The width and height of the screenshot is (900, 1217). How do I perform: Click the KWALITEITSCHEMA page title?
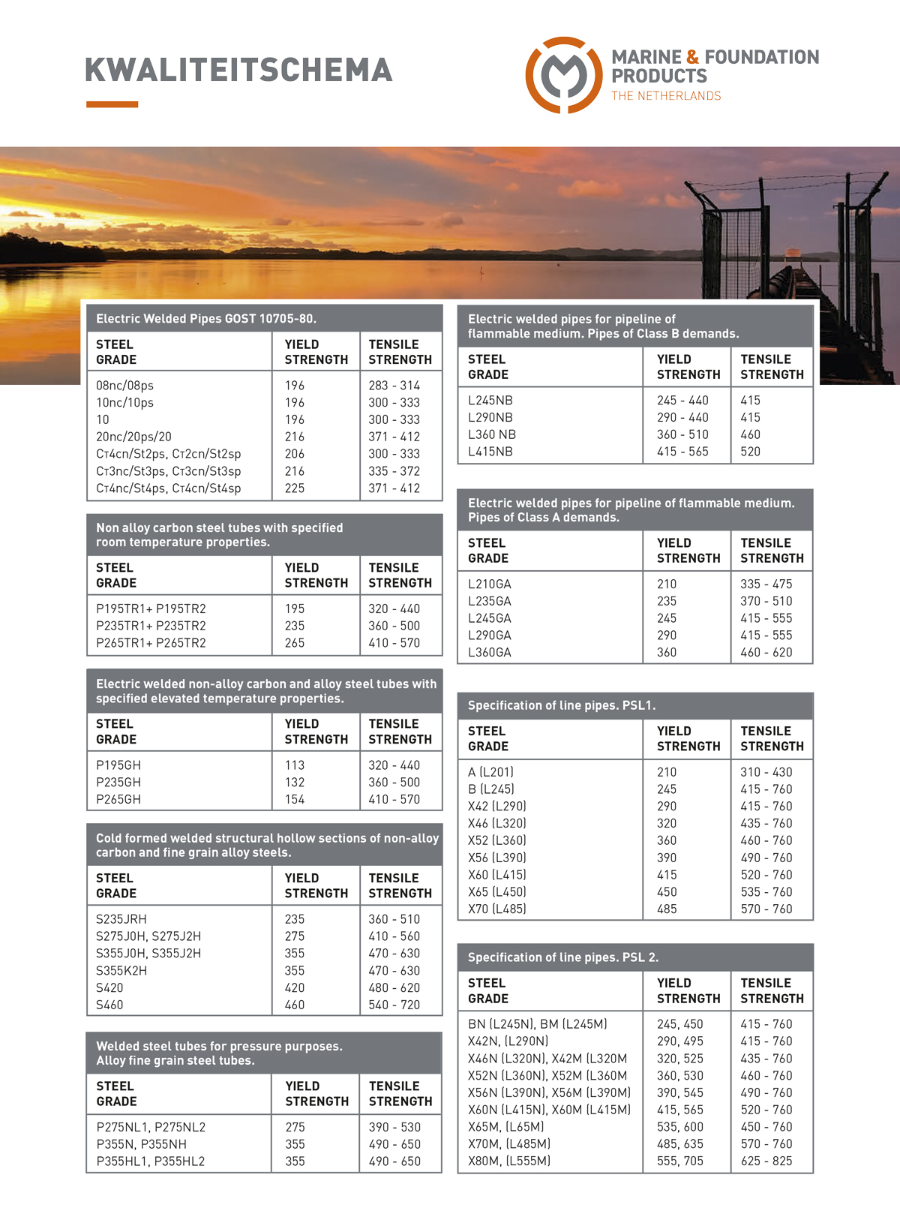pyautogui.click(x=238, y=70)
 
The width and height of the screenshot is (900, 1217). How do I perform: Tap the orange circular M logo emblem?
pyautogui.click(x=563, y=74)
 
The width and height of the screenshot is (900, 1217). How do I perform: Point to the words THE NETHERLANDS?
pyautogui.click(x=666, y=96)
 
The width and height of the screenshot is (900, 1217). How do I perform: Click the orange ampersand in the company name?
pyautogui.click(x=692, y=57)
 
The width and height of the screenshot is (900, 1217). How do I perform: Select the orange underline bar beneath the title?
pyautogui.click(x=112, y=104)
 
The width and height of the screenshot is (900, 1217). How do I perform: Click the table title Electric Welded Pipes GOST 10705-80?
pyautogui.click(x=206, y=319)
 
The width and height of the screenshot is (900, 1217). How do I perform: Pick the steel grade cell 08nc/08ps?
pyautogui.click(x=124, y=386)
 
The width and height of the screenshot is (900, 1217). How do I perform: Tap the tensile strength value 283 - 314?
pyautogui.click(x=394, y=386)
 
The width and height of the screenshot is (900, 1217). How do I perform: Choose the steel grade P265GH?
pyautogui.click(x=118, y=800)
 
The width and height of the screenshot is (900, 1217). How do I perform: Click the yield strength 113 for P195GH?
pyautogui.click(x=295, y=765)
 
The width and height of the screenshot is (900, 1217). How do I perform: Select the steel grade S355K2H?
pyautogui.click(x=121, y=971)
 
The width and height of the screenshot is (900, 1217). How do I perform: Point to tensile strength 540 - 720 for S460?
pyautogui.click(x=394, y=1005)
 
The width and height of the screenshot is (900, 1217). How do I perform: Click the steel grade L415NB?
pyautogui.click(x=490, y=452)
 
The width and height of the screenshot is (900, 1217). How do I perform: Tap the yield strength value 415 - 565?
pyautogui.click(x=682, y=452)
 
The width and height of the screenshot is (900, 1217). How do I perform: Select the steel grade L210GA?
pyautogui.click(x=490, y=584)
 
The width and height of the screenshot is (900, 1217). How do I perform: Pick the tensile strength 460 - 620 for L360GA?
pyautogui.click(x=766, y=653)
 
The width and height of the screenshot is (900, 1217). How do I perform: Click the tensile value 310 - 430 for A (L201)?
pyautogui.click(x=766, y=772)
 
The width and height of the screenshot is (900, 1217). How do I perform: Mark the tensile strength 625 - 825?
pyautogui.click(x=766, y=1161)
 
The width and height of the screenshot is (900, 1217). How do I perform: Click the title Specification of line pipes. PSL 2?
pyautogui.click(x=563, y=957)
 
